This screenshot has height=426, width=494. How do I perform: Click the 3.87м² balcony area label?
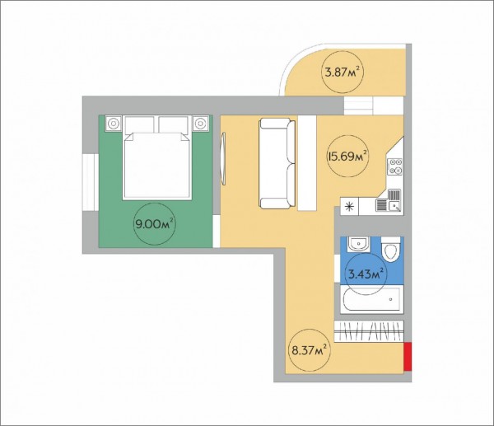click(x=343, y=73)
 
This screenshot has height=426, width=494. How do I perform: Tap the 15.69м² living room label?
click(x=347, y=156)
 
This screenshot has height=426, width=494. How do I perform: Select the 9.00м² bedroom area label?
click(x=155, y=224)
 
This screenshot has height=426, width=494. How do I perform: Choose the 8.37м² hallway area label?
click(x=308, y=349)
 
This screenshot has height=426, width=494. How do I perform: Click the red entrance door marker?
click(x=408, y=356)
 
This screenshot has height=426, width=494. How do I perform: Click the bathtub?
click(x=372, y=299)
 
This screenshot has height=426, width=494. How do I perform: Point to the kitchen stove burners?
click(x=395, y=166)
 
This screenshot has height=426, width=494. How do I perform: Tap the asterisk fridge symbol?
click(x=349, y=207)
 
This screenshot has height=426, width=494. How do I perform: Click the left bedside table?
click(x=114, y=124)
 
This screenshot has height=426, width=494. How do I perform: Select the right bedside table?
click(x=200, y=124)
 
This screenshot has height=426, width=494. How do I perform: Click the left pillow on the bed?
click(x=140, y=124)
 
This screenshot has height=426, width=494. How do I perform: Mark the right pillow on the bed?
click(x=174, y=124)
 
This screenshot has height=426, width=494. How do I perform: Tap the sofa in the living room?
click(x=277, y=163)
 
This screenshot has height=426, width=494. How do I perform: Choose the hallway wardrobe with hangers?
click(x=369, y=331)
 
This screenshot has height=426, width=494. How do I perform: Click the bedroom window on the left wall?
click(x=91, y=182)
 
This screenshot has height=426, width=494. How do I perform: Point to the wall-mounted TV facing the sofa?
click(x=223, y=159)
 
